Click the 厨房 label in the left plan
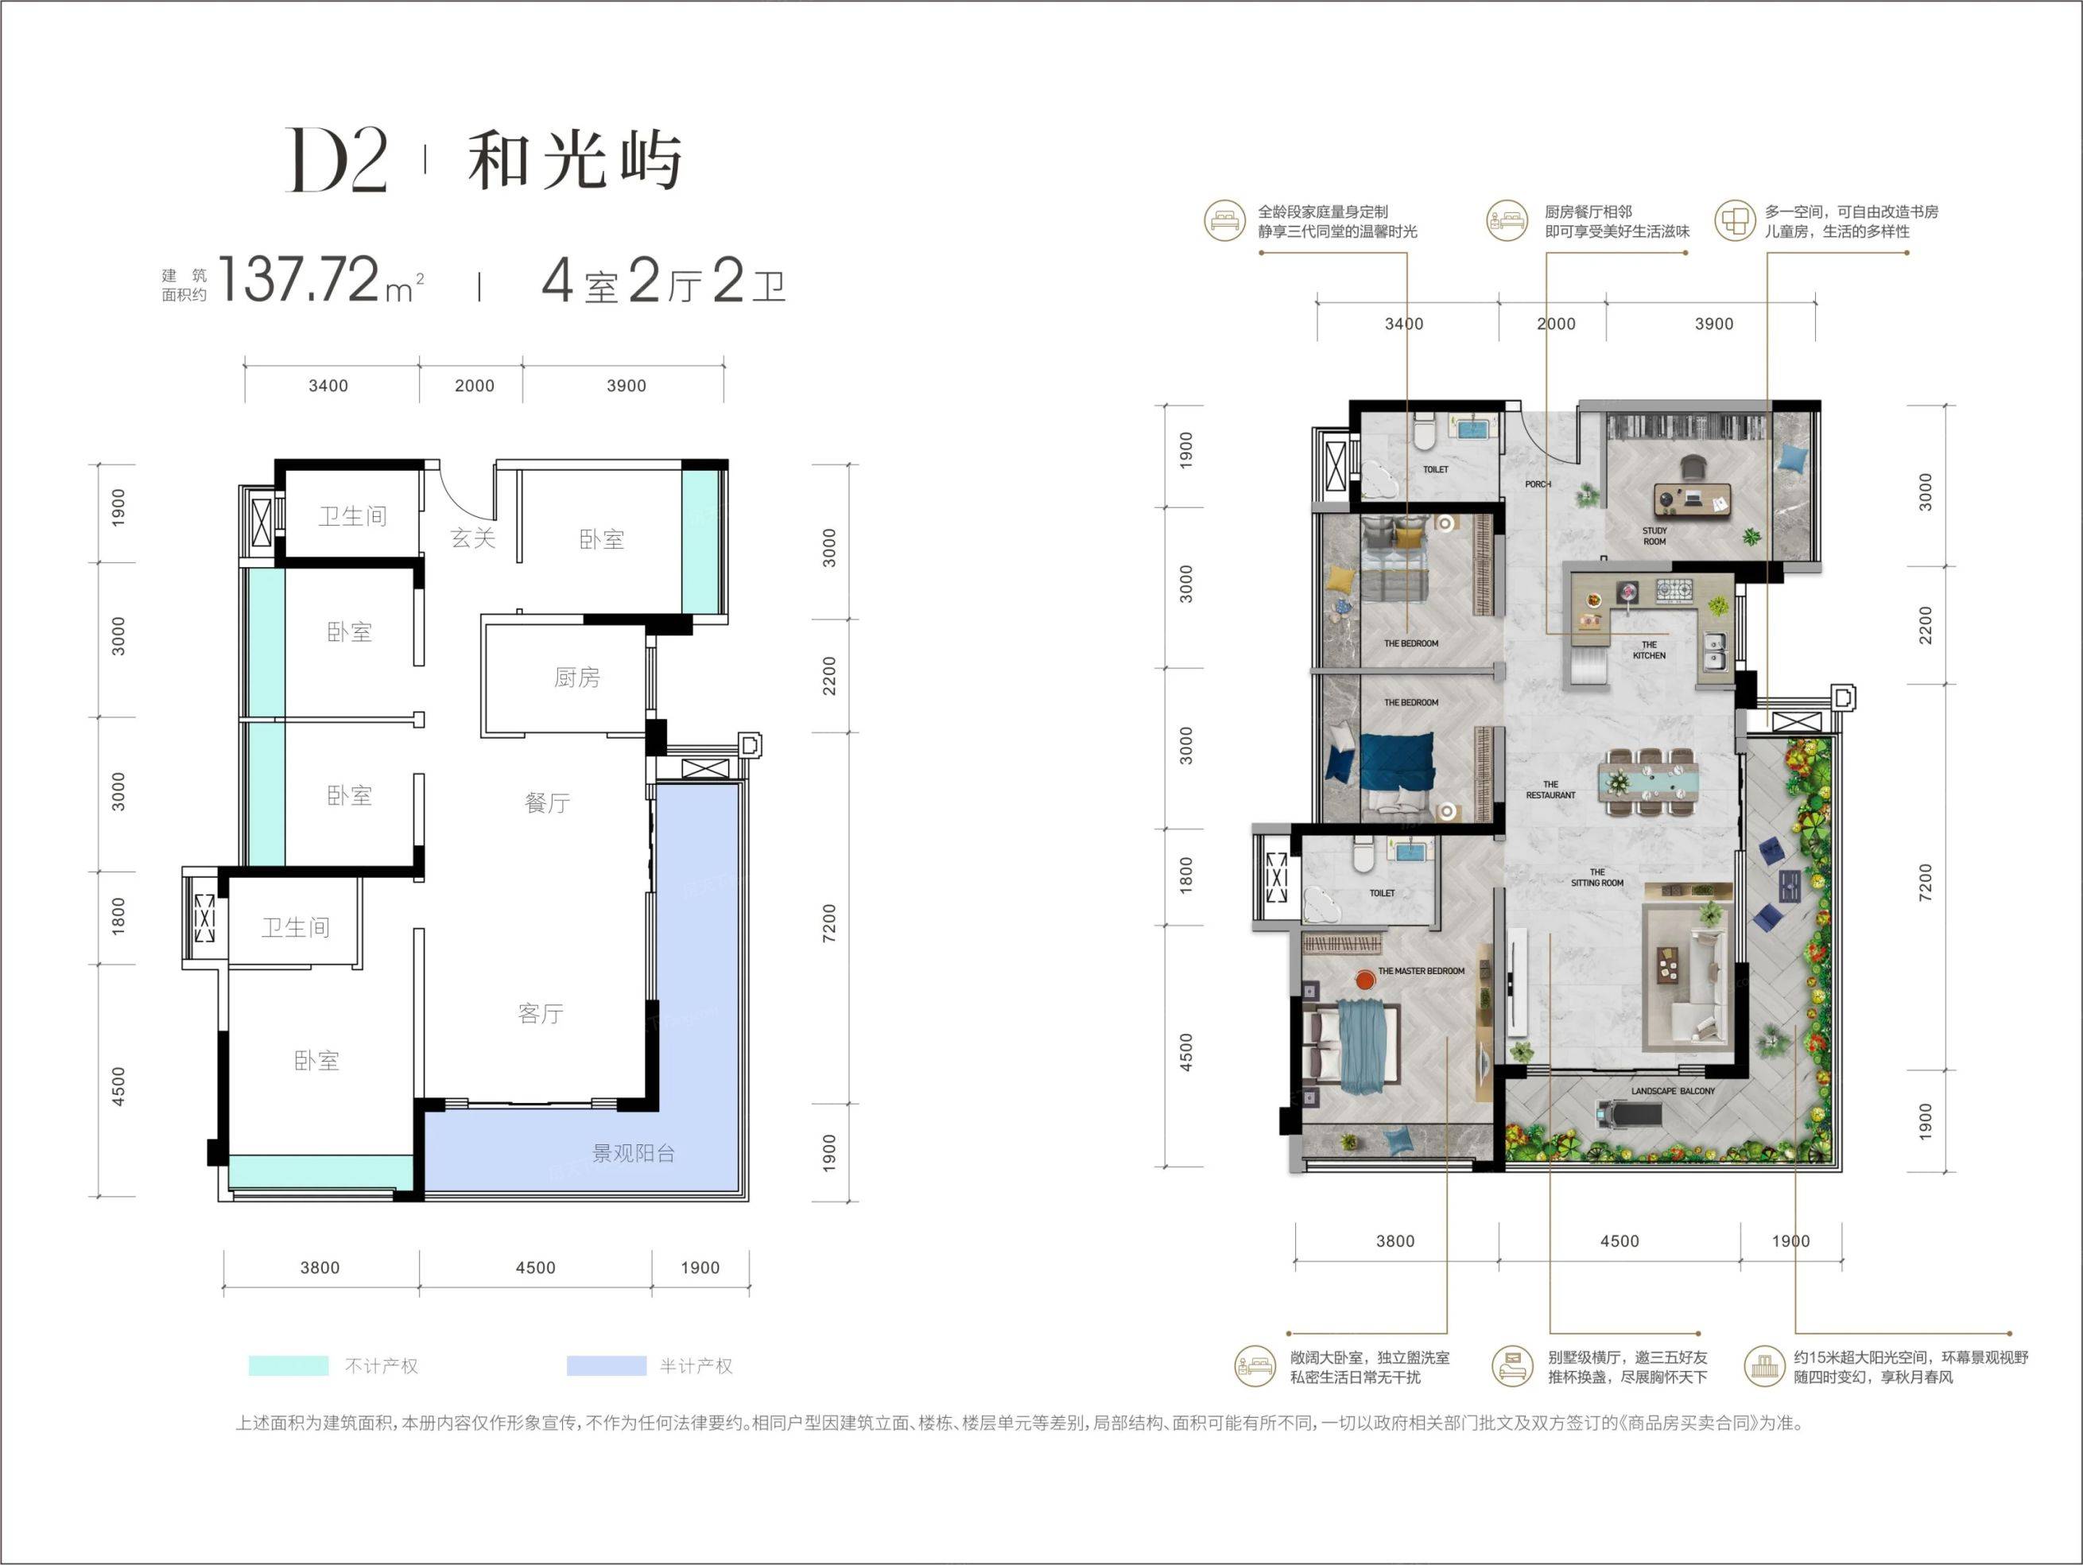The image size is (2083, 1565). (576, 677)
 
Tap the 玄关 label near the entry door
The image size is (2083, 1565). (473, 538)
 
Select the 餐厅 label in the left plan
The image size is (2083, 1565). (547, 802)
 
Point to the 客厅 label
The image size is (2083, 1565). (541, 1013)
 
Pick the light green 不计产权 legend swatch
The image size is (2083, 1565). (288, 1365)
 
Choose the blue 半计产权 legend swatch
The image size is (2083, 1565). (607, 1365)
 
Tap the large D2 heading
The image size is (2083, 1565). (336, 161)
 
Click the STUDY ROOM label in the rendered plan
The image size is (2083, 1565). (1654, 536)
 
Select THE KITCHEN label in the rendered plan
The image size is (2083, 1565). (1649, 650)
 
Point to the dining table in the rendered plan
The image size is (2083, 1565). (1647, 782)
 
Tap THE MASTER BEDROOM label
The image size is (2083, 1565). (1421, 971)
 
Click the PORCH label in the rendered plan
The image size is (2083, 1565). (1538, 484)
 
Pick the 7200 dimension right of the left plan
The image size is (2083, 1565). (828, 922)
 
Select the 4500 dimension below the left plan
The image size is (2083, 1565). (535, 1268)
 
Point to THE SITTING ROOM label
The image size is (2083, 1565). (1597, 878)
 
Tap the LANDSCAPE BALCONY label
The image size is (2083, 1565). (1674, 1091)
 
